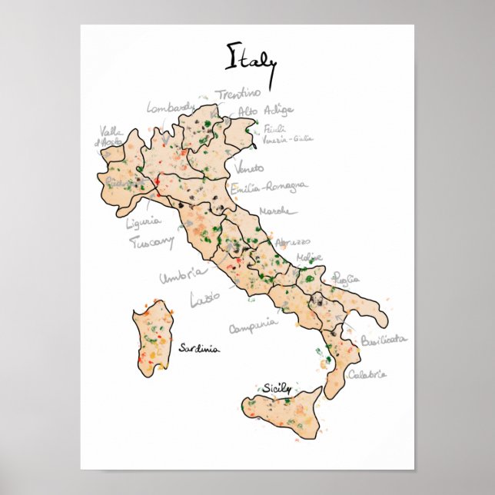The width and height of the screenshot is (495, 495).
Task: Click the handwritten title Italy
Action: tap(251, 57)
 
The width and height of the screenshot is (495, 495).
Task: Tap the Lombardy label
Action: tap(171, 109)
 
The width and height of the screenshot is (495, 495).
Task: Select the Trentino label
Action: tap(238, 94)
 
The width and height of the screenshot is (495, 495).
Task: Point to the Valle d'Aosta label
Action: tap(109, 137)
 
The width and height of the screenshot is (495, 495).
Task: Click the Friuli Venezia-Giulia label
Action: tap(287, 134)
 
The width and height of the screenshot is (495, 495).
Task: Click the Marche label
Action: tap(275, 211)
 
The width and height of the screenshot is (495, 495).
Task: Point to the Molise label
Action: tap(309, 257)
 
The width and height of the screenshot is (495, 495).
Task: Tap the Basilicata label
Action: tap(383, 339)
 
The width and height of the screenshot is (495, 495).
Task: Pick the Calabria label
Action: tap(367, 375)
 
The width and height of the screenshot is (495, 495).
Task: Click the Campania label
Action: tap(253, 326)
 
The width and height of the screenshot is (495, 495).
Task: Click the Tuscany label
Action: tap(151, 243)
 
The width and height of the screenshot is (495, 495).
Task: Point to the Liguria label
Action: tap(144, 223)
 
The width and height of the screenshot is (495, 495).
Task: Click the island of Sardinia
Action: tap(151, 338)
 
